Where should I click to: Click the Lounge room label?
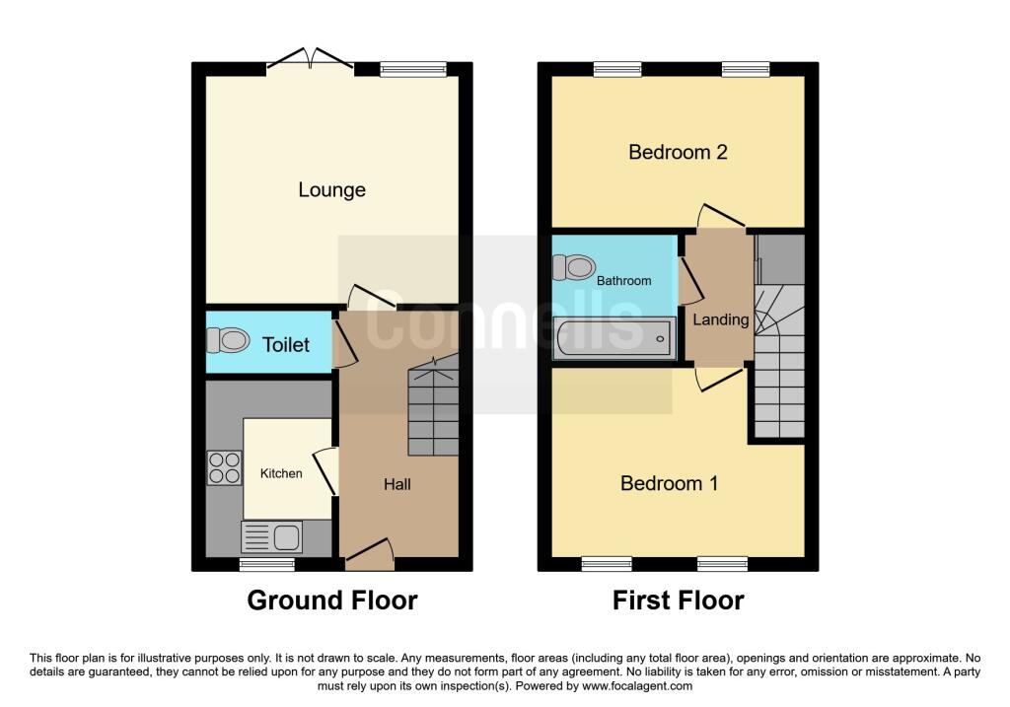click(331, 189)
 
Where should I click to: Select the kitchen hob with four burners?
click(224, 466)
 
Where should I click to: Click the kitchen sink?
click(272, 537)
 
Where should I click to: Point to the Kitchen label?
click(281, 473)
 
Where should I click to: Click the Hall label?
click(397, 484)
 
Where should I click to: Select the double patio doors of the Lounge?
click(311, 60)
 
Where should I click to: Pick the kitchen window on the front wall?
click(267, 565)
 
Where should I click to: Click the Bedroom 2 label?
click(678, 152)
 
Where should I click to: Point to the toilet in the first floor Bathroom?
click(575, 267)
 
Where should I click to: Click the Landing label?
click(720, 319)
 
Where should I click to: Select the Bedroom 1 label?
click(669, 483)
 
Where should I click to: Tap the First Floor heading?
click(678, 600)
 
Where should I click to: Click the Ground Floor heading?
click(331, 600)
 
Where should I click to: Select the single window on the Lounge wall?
click(413, 69)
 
